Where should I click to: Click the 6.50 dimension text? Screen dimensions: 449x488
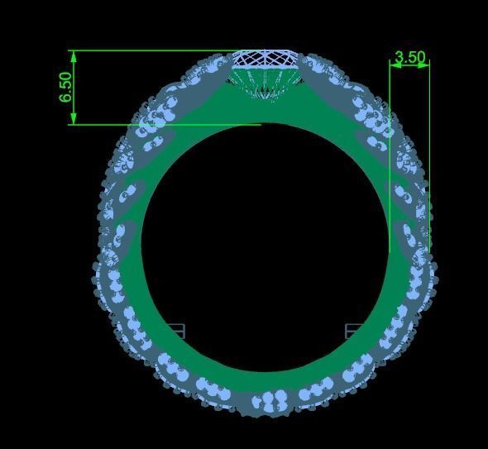click(66, 87)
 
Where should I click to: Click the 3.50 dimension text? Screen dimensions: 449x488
click(409, 58)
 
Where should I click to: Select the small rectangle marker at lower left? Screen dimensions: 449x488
click(175, 332)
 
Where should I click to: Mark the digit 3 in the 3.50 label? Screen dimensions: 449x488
click(399, 58)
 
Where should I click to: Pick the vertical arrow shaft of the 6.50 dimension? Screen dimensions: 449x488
click(74, 87)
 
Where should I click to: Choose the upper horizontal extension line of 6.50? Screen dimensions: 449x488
click(149, 50)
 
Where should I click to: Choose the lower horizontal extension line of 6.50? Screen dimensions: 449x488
click(165, 125)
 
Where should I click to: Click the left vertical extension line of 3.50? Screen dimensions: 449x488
click(390, 165)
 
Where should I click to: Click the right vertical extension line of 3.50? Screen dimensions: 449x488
click(429, 165)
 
